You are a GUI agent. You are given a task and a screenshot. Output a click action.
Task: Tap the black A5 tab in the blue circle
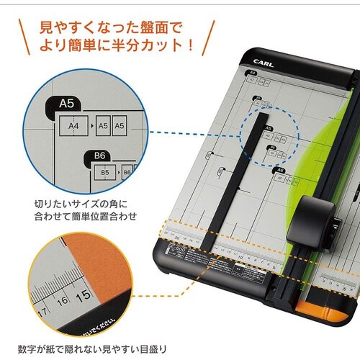click(269, 127)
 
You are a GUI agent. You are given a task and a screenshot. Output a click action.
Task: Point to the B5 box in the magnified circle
click(104, 173)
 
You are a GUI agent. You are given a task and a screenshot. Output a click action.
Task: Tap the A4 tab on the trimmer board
click(252, 73)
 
